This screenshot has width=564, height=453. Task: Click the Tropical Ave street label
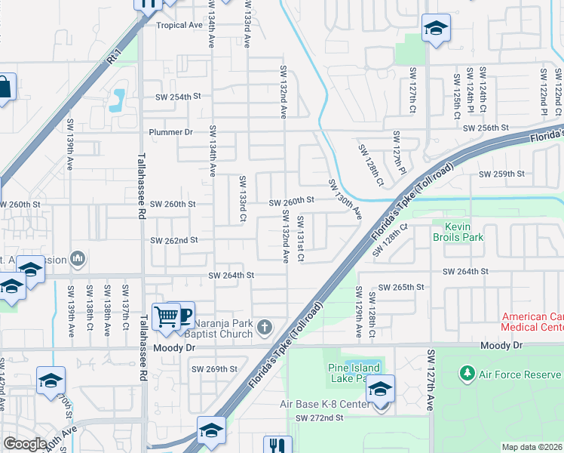(179, 25)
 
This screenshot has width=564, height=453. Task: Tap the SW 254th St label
(179, 97)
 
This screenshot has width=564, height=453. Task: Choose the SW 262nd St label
(173, 240)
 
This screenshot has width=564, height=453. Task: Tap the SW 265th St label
(401, 288)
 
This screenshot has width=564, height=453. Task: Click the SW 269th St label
(214, 369)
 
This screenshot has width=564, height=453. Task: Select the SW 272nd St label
(319, 418)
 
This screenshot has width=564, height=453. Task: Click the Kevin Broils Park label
(463, 232)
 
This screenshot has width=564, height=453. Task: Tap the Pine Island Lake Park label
(355, 373)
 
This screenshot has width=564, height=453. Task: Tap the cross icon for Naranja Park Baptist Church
(264, 327)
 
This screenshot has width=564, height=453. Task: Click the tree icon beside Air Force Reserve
(467, 374)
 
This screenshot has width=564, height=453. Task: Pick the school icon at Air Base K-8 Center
(380, 390)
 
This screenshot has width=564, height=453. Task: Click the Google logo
(25, 444)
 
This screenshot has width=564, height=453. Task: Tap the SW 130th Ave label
(345, 200)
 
